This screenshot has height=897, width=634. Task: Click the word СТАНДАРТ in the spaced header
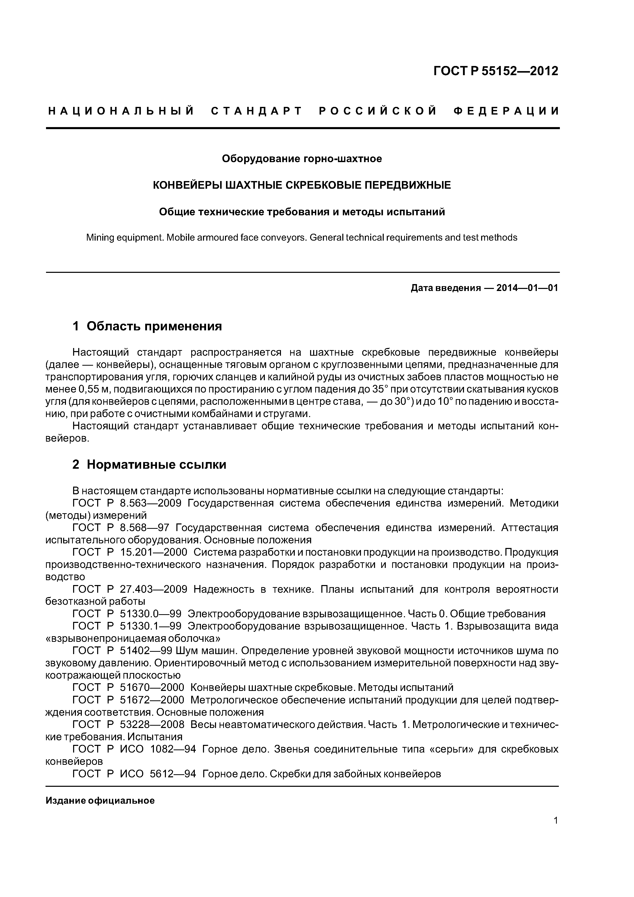tap(257, 111)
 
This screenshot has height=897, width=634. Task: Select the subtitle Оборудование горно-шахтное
tap(302, 159)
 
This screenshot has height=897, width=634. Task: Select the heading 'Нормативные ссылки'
tap(156, 465)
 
